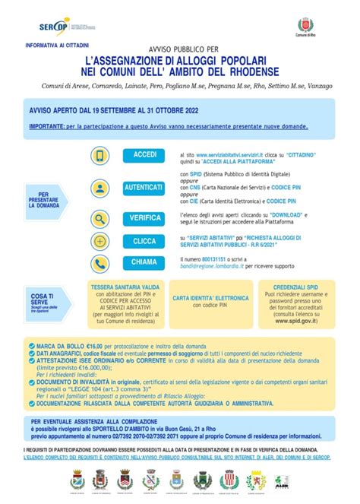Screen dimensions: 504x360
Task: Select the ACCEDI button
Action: (x=144, y=155)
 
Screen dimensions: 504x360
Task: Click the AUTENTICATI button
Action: (x=144, y=186)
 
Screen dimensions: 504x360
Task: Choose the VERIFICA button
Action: (x=144, y=218)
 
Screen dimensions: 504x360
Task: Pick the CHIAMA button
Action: (x=144, y=262)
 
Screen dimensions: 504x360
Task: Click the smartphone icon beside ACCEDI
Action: (x=100, y=156)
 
